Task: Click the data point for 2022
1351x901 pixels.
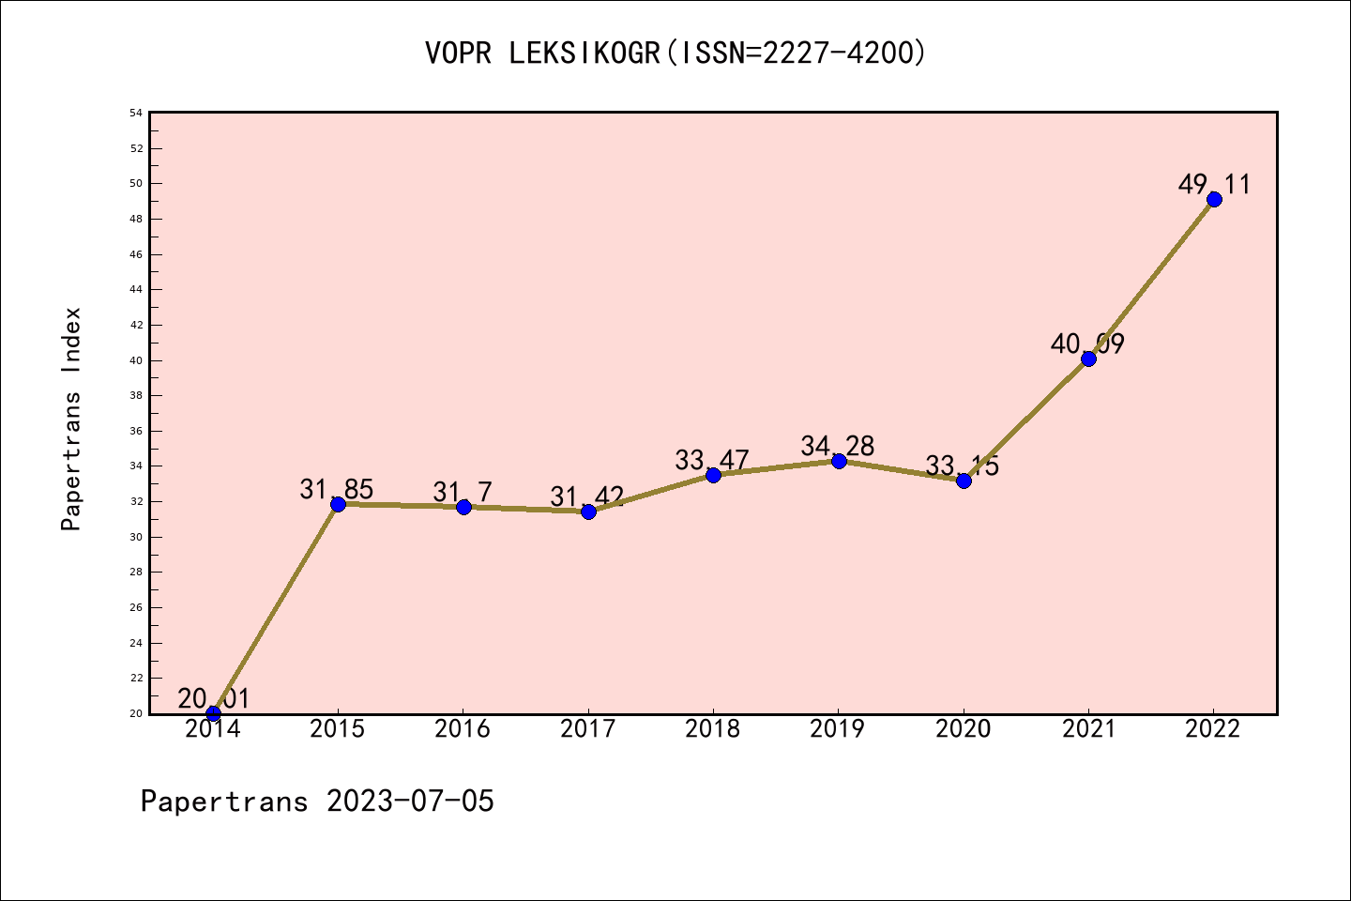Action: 1214,199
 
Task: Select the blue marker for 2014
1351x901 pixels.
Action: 213,713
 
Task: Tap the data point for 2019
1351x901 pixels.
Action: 839,461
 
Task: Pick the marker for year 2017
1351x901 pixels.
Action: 588,512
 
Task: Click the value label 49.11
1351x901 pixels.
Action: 1214,184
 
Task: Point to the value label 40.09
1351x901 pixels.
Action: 1087,344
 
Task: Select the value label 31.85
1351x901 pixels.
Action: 337,489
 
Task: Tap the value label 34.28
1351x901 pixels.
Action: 837,446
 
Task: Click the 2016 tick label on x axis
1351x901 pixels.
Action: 463,729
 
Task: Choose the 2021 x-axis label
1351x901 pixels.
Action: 1088,729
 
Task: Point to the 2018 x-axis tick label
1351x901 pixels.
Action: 713,729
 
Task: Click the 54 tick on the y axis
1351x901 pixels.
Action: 137,113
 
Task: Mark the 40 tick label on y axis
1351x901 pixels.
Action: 137,360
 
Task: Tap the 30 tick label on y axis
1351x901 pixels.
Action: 137,537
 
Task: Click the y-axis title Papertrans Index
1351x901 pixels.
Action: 71,419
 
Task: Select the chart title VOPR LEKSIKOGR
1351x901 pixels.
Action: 542,53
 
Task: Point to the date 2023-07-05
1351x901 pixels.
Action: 410,802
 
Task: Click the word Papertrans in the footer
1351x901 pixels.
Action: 224,802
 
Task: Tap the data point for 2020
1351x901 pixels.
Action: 964,481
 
